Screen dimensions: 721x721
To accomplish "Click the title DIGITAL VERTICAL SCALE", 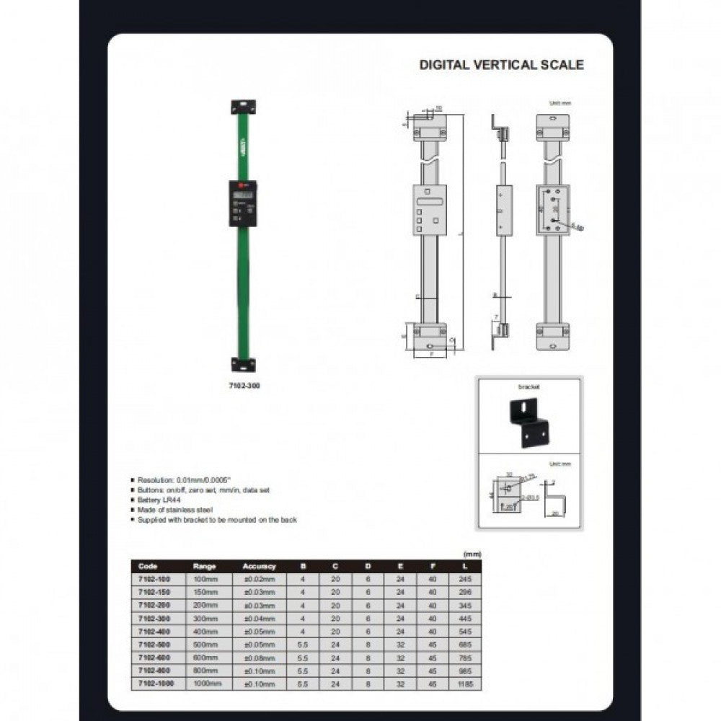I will point(502,65).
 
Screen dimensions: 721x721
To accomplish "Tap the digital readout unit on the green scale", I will point(243,203).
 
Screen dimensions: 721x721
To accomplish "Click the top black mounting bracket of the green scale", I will point(243,107).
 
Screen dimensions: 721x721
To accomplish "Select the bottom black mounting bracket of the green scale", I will point(243,364).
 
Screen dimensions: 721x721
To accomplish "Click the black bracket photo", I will point(529,422).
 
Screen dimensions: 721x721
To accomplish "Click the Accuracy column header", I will point(259,567).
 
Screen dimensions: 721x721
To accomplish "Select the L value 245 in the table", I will point(465,579).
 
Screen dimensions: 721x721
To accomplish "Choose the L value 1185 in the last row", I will point(465,684).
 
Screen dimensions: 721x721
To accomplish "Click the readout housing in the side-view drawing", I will point(504,210).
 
